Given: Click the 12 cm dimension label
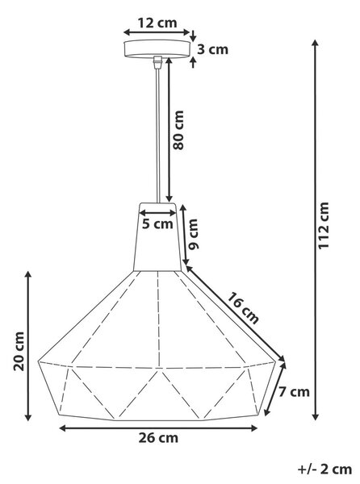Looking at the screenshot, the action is pyautogui.click(x=157, y=23).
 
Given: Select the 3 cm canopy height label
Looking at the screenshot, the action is pyautogui.click(x=213, y=49).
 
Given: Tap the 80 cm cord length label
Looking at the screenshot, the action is pyautogui.click(x=178, y=130).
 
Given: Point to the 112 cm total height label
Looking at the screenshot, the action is pyautogui.click(x=324, y=226).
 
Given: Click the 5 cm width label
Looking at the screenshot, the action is pyautogui.click(x=157, y=223).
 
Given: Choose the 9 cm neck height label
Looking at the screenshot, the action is pyautogui.click(x=194, y=234).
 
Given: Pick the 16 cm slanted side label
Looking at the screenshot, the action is pyautogui.click(x=243, y=308).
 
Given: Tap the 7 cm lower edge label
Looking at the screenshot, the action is pyautogui.click(x=294, y=392).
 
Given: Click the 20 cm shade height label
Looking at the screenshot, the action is pyautogui.click(x=19, y=351).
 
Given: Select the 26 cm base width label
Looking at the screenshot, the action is pyautogui.click(x=158, y=438).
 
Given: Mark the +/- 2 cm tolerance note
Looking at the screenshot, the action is pyautogui.click(x=324, y=469).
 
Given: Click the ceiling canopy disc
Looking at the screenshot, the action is pyautogui.click(x=157, y=49).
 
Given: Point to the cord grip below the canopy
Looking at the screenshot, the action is pyautogui.click(x=157, y=61).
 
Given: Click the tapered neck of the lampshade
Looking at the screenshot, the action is pyautogui.click(x=157, y=236).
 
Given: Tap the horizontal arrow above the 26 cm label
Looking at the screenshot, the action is pyautogui.click(x=158, y=428).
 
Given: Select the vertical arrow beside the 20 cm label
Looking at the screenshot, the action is pyautogui.click(x=28, y=346).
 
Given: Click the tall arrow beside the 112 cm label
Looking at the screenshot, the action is pyautogui.click(x=315, y=230).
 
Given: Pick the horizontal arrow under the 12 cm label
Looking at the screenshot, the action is pyautogui.click(x=157, y=32).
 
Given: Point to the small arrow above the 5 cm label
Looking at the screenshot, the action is pyautogui.click(x=157, y=213).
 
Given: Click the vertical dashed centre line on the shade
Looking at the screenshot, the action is pyautogui.click(x=158, y=319).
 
